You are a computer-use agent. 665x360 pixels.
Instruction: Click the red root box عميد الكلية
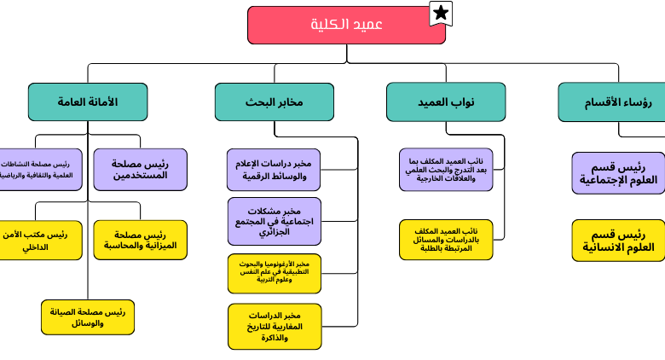click(x=346, y=25)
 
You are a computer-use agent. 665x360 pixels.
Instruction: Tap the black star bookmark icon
click(x=440, y=13)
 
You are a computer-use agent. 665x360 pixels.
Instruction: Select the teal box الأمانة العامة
click(x=88, y=102)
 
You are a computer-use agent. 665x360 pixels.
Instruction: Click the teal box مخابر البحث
click(x=274, y=102)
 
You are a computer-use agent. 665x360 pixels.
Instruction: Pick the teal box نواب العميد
click(x=445, y=102)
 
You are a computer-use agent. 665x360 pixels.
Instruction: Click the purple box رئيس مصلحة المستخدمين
click(x=140, y=169)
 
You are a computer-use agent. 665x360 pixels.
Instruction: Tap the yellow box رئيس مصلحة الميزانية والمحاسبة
click(x=140, y=240)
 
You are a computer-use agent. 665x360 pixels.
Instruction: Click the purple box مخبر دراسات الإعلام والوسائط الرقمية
click(x=274, y=169)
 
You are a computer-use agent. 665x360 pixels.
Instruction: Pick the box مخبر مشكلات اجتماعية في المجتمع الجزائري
click(x=274, y=221)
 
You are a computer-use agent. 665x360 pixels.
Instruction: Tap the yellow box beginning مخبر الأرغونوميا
click(x=274, y=273)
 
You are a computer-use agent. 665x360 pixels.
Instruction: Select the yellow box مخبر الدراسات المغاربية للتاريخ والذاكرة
click(x=274, y=326)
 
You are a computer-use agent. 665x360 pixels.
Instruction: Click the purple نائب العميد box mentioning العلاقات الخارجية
click(x=445, y=169)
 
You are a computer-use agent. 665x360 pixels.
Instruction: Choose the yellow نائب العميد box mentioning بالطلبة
click(x=445, y=240)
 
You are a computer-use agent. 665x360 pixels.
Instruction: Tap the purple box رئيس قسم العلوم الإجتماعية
click(x=618, y=173)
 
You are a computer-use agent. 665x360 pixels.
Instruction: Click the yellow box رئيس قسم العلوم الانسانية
click(x=618, y=240)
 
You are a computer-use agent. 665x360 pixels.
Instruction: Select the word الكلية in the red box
click(x=328, y=25)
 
